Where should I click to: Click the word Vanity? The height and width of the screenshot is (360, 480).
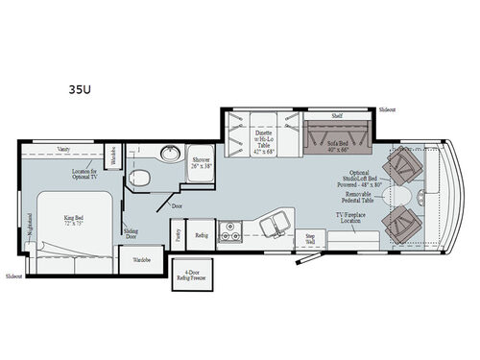click(63, 150)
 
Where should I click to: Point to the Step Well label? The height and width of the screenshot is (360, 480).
click(310, 237)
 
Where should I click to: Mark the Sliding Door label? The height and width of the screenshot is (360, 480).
click(132, 234)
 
